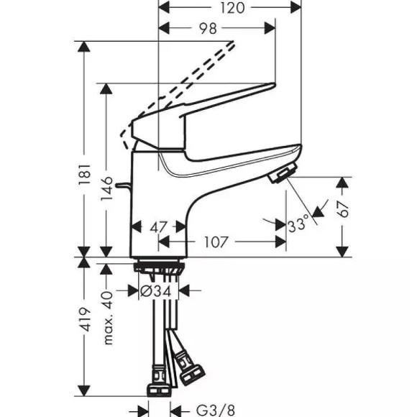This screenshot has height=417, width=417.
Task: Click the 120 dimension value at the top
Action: pos(232,8)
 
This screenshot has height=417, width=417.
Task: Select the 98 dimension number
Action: pos(208,29)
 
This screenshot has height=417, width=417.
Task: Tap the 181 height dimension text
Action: pos(85,175)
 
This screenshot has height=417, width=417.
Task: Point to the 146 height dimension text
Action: pos(106,188)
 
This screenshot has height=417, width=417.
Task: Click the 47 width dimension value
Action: pos(158,227)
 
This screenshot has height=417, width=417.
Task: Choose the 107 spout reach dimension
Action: pos(216,242)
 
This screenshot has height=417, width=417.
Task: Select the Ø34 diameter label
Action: pos(156,291)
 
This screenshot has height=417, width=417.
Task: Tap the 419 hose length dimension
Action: pos(85,320)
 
